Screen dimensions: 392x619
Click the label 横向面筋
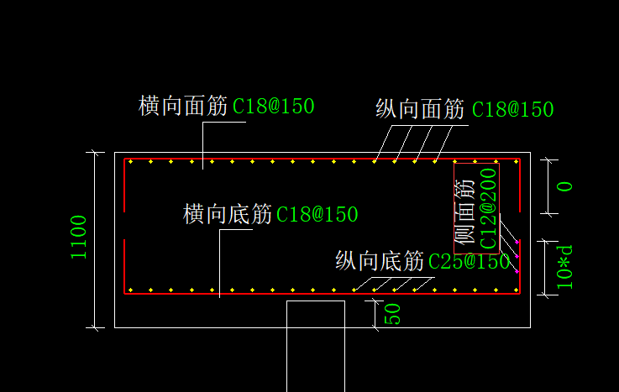[182, 106]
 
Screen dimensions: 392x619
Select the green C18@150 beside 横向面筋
[273, 107]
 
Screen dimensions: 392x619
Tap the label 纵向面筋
[420, 109]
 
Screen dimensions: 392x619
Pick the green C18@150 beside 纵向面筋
[512, 110]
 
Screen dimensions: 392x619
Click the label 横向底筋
[228, 214]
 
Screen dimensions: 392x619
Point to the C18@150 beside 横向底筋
[317, 215]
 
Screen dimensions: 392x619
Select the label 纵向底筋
[380, 261]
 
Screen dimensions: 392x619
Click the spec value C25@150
[469, 262]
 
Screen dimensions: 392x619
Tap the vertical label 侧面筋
[465, 215]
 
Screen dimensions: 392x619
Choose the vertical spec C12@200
[488, 208]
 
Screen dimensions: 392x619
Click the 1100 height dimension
[79, 238]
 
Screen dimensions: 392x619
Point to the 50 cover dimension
[392, 314]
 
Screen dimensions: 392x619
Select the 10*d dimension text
[566, 267]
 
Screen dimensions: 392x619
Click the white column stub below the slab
[316, 344]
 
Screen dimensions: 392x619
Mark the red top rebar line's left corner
[125, 159]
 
